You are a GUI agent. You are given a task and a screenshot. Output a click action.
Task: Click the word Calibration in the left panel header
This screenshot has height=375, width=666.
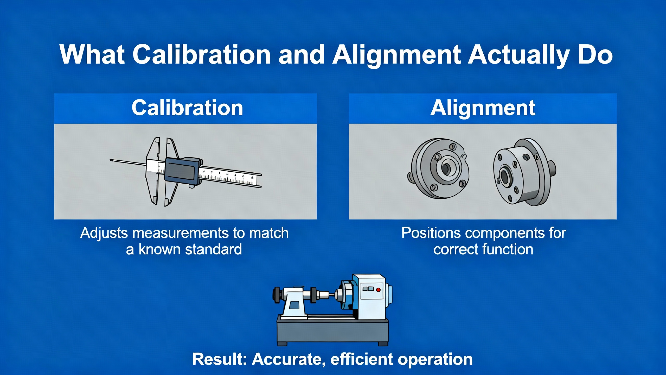187,108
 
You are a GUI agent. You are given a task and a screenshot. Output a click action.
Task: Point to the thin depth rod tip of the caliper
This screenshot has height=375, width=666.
111,160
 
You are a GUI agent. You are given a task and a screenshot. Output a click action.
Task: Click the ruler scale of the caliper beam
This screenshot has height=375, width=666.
228,177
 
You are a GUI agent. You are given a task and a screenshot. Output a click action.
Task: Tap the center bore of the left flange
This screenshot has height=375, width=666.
445,169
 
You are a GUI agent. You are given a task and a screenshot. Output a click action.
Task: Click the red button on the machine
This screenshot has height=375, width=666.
378,290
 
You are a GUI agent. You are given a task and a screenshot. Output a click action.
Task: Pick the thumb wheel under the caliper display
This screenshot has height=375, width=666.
192,186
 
